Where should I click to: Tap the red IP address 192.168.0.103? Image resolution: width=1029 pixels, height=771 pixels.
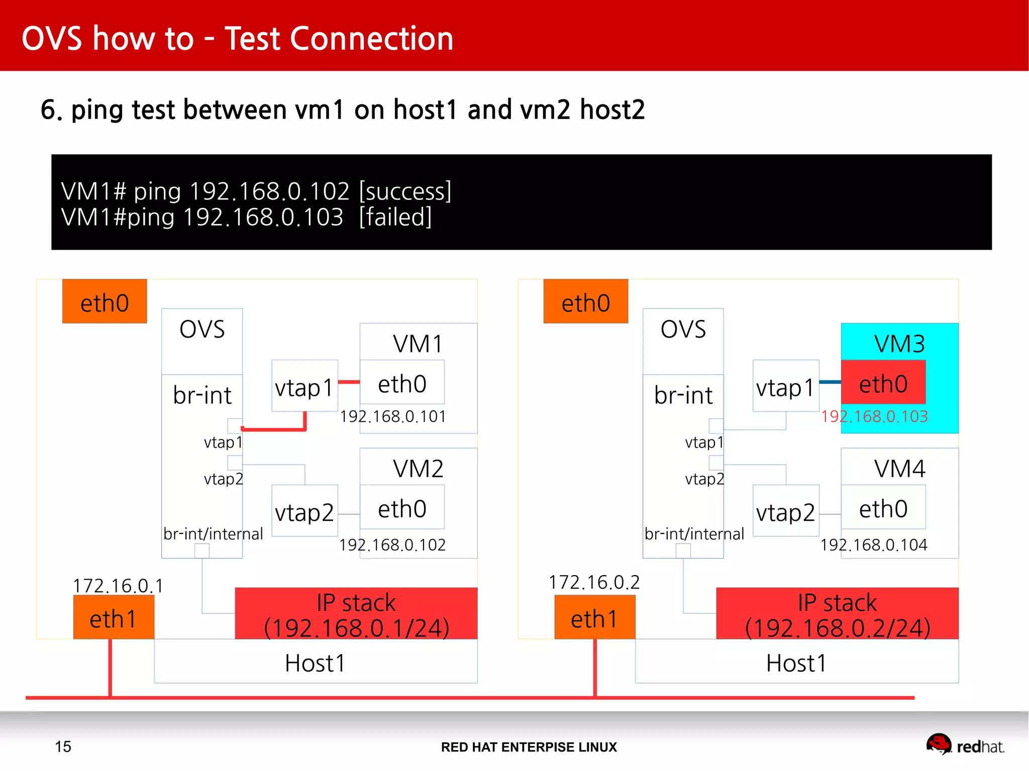click(x=874, y=416)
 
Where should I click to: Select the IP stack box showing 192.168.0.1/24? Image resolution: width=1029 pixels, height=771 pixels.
click(x=356, y=614)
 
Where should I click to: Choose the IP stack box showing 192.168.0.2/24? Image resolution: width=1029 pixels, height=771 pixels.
click(x=837, y=614)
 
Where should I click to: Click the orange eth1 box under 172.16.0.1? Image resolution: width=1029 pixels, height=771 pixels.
click(x=113, y=618)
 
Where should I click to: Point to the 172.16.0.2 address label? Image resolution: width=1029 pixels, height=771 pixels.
click(x=594, y=582)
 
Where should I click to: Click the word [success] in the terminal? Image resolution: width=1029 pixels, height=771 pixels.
click(x=405, y=191)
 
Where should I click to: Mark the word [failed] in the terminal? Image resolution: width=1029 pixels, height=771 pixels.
click(x=395, y=217)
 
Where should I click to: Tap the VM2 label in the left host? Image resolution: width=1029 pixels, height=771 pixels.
click(x=418, y=469)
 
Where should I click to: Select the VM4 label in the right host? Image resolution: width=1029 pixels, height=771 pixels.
click(x=899, y=469)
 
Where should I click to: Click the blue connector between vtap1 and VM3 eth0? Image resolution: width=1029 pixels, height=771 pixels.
click(x=830, y=382)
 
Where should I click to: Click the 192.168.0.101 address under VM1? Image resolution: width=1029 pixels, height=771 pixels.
click(x=393, y=416)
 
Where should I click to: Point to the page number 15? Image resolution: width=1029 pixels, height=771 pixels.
click(x=63, y=746)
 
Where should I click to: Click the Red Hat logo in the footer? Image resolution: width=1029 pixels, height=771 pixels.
click(x=939, y=744)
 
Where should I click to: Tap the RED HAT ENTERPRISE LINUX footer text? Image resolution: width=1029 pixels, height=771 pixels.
click(x=529, y=747)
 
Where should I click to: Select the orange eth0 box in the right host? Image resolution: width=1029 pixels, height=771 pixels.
click(x=585, y=302)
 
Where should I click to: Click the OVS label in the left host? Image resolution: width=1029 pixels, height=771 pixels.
click(x=202, y=329)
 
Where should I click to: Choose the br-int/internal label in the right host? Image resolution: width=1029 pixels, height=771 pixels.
click(x=694, y=533)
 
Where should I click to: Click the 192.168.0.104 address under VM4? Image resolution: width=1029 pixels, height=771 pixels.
click(x=874, y=545)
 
